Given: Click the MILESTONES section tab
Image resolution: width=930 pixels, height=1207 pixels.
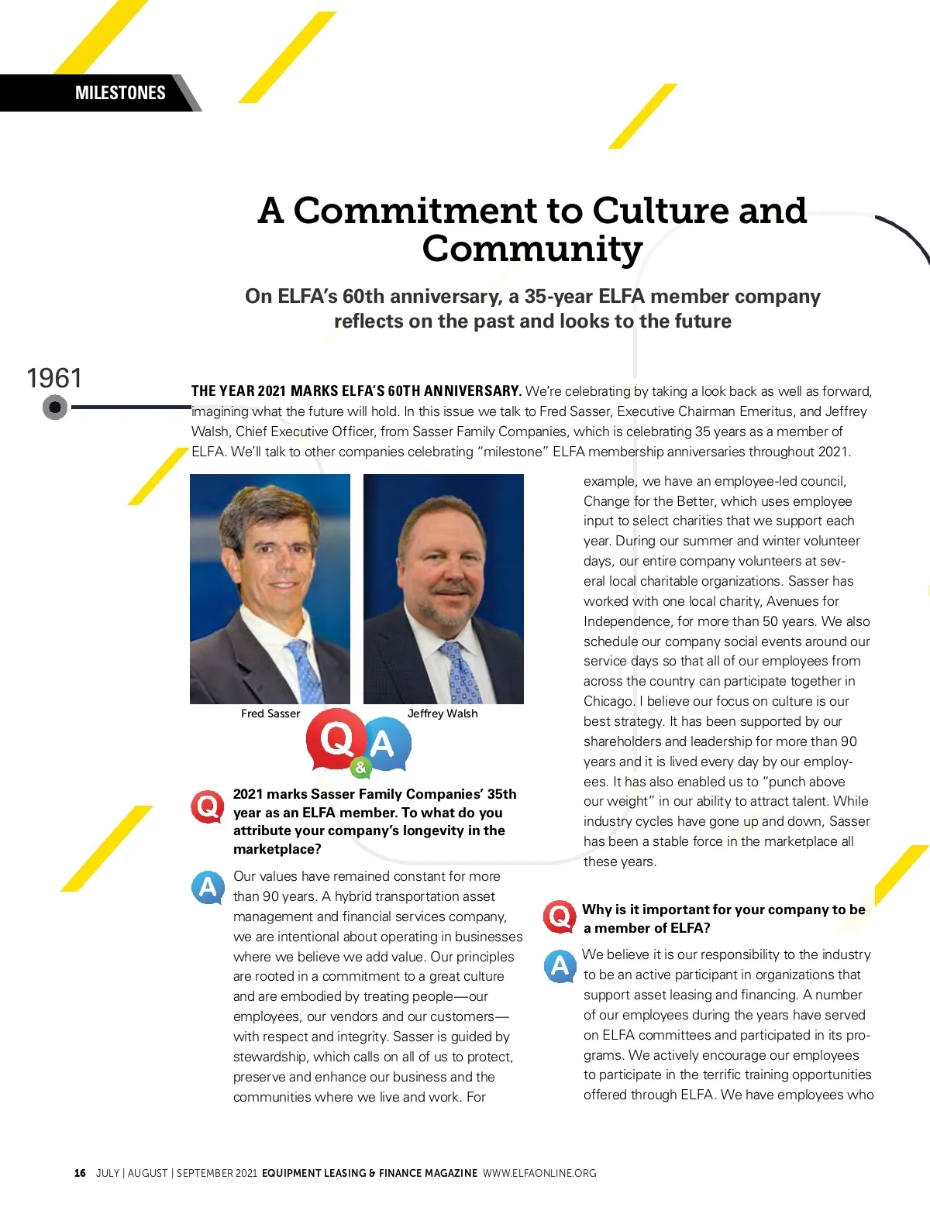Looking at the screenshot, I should [120, 93].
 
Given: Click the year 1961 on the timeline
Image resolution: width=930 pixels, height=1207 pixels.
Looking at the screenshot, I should [54, 378].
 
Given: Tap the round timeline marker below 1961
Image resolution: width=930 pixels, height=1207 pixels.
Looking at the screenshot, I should [55, 407].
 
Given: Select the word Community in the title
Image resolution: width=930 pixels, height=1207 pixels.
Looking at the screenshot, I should [532, 249].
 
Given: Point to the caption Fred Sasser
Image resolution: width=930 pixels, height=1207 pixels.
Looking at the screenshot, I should [270, 714].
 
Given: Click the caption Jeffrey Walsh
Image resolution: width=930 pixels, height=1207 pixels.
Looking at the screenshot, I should [443, 714].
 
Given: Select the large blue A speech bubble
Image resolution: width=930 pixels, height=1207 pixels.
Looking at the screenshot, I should [384, 744].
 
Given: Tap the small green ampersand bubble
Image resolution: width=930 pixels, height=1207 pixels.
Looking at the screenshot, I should [360, 768].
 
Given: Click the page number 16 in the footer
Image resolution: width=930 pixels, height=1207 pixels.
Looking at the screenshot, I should [80, 1173].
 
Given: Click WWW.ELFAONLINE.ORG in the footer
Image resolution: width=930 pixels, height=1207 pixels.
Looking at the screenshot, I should [539, 1173].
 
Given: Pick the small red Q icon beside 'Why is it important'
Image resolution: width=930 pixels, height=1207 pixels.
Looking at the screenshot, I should [559, 916].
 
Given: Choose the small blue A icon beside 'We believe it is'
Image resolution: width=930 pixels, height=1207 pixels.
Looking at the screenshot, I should [560, 965].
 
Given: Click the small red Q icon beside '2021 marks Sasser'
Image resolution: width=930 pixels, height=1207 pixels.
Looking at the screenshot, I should [208, 806].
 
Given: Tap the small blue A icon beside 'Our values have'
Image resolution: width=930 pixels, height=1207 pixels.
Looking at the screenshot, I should [208, 887].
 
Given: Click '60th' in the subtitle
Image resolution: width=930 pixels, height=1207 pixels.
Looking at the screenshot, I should [363, 297].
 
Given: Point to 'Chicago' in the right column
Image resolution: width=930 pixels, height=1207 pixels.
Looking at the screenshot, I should [608, 701].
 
